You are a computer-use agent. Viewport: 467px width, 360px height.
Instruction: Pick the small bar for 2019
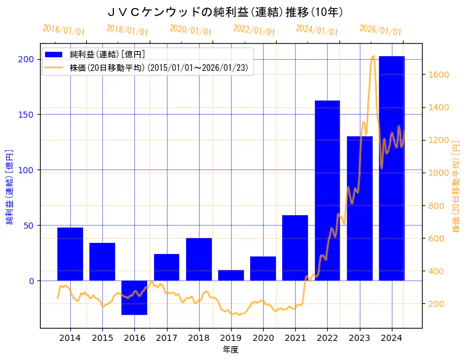(231, 276)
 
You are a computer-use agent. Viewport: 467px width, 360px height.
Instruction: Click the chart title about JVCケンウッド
(225, 12)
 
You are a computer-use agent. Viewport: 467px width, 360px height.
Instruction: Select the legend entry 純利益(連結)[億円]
(107, 55)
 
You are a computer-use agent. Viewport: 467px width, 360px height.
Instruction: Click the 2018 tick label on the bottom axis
(199, 338)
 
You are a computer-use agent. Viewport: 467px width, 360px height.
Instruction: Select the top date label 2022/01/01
(254, 30)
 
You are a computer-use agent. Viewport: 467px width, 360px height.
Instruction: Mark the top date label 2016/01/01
(63, 30)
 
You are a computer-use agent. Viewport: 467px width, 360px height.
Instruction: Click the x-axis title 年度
(230, 350)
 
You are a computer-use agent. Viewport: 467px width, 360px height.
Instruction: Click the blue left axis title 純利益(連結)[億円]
(10, 186)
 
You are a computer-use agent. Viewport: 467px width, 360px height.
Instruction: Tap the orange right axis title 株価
(456, 186)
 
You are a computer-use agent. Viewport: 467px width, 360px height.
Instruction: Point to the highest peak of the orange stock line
(373, 57)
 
